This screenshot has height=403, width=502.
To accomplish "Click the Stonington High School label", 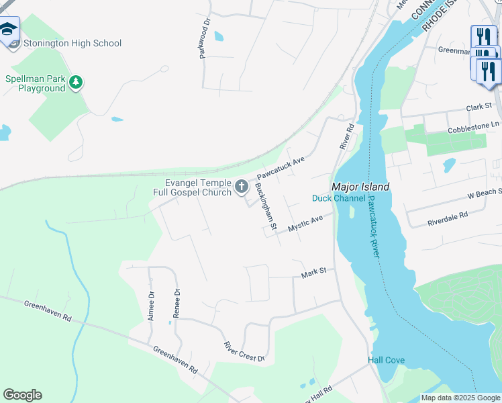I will point(72,44).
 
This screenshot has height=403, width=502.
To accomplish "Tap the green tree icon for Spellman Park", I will point(77,82).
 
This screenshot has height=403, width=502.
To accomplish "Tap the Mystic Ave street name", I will point(305,224).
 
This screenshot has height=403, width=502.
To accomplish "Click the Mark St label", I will point(313,272).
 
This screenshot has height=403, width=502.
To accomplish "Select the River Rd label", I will point(346,136).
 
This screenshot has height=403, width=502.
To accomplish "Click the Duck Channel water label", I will point(339,198).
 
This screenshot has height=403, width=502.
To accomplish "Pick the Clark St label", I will point(479,107).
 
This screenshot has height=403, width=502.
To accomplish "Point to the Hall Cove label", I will point(386,361).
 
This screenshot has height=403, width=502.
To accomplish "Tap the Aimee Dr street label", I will point(152,306).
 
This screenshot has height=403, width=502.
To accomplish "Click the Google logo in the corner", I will point(22,395).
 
